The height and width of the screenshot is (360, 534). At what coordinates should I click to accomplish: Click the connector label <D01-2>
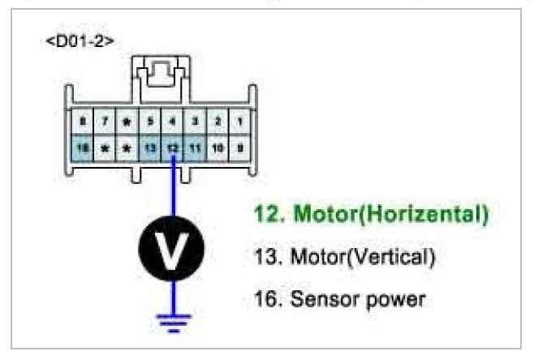[80, 40]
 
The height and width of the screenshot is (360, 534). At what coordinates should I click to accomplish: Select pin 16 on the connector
[81, 148]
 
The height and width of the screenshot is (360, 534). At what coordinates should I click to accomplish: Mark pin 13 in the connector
[149, 148]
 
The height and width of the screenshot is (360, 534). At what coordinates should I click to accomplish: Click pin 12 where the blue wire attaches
[172, 148]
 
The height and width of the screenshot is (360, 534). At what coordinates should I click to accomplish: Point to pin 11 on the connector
[195, 148]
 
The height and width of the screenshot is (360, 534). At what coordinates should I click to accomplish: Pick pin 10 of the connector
[217, 148]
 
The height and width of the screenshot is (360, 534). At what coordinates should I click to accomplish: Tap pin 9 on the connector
[240, 148]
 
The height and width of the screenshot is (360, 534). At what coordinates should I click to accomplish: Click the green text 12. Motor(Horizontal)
[371, 215]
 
